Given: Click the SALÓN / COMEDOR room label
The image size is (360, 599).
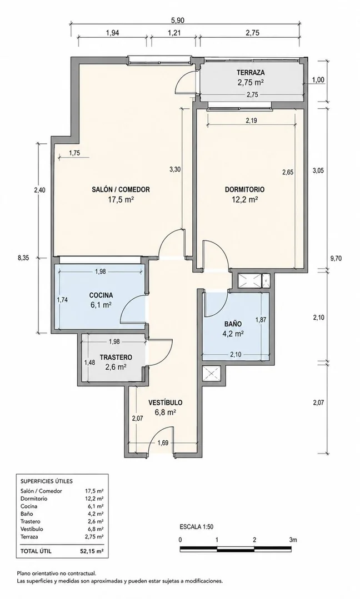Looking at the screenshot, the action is click(121, 189).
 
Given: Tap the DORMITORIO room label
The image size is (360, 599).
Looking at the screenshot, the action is click(244, 189).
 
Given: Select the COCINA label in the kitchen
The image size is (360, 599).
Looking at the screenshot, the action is click(101, 295).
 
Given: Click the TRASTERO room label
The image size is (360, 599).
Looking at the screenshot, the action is click(116, 358).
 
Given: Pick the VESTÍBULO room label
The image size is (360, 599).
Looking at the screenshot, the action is click(165, 402).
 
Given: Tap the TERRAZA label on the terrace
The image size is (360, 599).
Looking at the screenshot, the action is click(251, 72).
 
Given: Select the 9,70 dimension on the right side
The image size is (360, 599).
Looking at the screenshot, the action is click(336, 258).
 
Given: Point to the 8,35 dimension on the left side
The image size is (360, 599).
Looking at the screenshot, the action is click(23, 258).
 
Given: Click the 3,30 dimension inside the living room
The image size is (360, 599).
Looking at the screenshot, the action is click(174, 170).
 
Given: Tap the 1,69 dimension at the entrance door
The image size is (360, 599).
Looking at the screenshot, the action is click(163, 443).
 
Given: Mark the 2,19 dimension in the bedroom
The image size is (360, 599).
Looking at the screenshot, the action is click(252, 120).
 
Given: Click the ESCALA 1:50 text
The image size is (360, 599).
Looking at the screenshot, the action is click(197, 527).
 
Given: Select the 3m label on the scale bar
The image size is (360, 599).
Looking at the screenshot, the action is click(293, 540).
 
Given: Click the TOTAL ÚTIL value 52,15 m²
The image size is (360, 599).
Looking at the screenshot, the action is click(94, 551).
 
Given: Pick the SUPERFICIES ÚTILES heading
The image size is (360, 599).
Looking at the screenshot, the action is click(46, 481).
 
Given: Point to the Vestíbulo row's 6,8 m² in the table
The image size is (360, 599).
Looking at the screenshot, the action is click(95, 529).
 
